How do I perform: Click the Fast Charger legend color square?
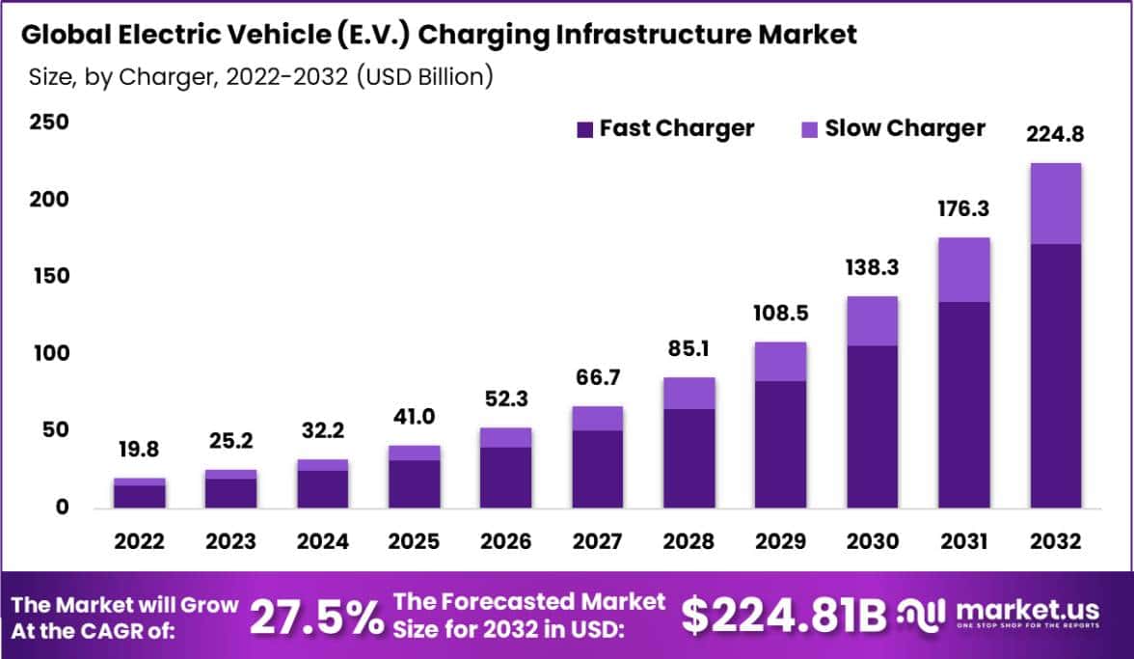pos(583,129)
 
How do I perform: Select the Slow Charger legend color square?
pos(809,129)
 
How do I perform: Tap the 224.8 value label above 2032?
pos(1055,135)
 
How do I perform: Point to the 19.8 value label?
pos(139,450)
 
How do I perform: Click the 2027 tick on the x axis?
pos(597,541)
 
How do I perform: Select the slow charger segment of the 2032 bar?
pos(1055,204)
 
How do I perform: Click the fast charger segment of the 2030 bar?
pos(872,426)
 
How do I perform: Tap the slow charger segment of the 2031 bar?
pos(963,269)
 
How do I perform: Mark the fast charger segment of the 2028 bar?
pos(688,457)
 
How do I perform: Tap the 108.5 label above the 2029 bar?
pos(780,315)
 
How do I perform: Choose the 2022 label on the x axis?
pos(139,541)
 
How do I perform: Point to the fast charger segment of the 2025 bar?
pos(414,483)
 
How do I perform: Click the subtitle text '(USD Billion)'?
pos(424,77)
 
